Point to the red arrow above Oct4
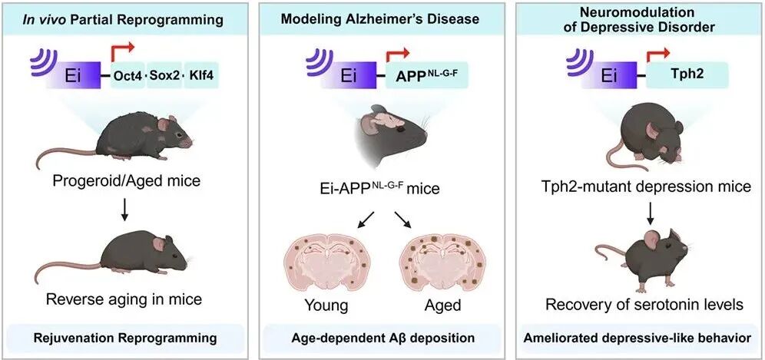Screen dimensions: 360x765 pyautogui.click(x=123, y=52)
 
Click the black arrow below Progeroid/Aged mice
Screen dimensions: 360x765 pyautogui.click(x=124, y=210)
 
